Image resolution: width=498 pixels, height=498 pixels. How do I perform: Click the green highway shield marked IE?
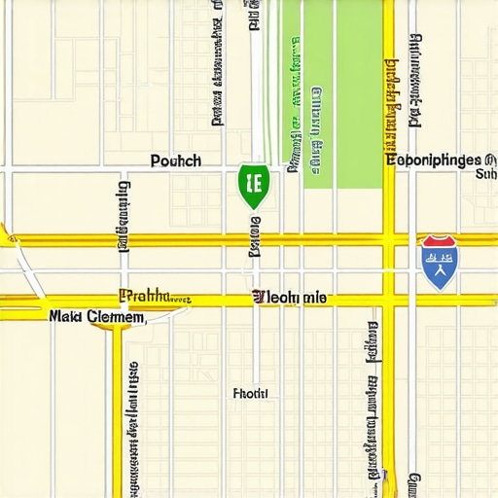click(254, 185)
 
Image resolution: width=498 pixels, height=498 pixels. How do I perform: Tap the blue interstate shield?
click(440, 262)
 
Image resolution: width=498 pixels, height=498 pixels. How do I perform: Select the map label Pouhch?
click(176, 160)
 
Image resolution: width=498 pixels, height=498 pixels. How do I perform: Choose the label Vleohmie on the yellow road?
click(290, 297)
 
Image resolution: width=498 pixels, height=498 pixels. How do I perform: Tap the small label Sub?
click(484, 175)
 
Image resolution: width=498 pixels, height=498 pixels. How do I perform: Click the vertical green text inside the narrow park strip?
click(292, 97)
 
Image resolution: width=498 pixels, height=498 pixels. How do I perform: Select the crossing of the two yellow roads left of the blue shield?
click(389, 239)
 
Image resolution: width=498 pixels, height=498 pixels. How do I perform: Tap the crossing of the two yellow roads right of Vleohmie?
click(389, 299)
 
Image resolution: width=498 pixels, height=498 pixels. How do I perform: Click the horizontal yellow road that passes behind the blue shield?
click(292, 239)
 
